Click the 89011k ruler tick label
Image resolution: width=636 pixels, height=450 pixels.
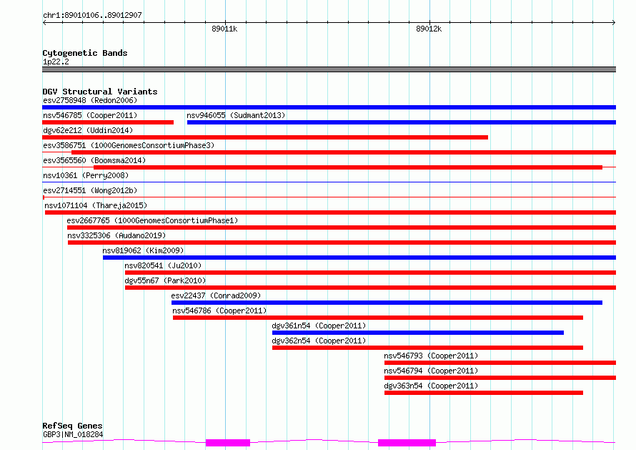pos(224,29)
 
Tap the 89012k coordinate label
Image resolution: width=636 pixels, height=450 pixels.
pos(429,29)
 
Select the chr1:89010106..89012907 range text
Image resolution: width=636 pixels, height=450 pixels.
pos(92,15)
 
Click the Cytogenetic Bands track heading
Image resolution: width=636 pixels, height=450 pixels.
pos(85,53)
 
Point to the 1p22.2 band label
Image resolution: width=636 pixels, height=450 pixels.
pos(56,62)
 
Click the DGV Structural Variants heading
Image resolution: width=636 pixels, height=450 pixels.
pos(100,92)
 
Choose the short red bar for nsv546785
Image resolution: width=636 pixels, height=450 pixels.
pos(108,122)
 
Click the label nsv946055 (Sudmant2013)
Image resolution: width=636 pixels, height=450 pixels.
pos(236,115)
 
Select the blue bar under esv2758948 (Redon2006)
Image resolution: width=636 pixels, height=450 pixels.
pos(329,107)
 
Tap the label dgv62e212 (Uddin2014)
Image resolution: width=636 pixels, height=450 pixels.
pos(88,130)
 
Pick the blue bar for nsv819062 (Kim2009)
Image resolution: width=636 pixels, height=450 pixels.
pos(359,258)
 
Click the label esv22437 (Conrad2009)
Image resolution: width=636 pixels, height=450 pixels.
pos(216,295)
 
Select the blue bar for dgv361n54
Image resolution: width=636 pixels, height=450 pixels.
pos(418,333)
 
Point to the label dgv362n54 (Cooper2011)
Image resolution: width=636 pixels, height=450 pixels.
pos(319,341)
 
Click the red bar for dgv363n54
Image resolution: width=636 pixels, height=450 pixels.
pos(484,393)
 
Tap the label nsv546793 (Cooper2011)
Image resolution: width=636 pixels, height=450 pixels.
pos(431,356)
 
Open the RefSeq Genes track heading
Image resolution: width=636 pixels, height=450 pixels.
pos(72,426)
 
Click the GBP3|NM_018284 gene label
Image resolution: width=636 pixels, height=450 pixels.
pos(73,434)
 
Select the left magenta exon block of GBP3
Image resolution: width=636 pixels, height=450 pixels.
pos(228,443)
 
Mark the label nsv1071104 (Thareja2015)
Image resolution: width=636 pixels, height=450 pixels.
pos(96,205)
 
